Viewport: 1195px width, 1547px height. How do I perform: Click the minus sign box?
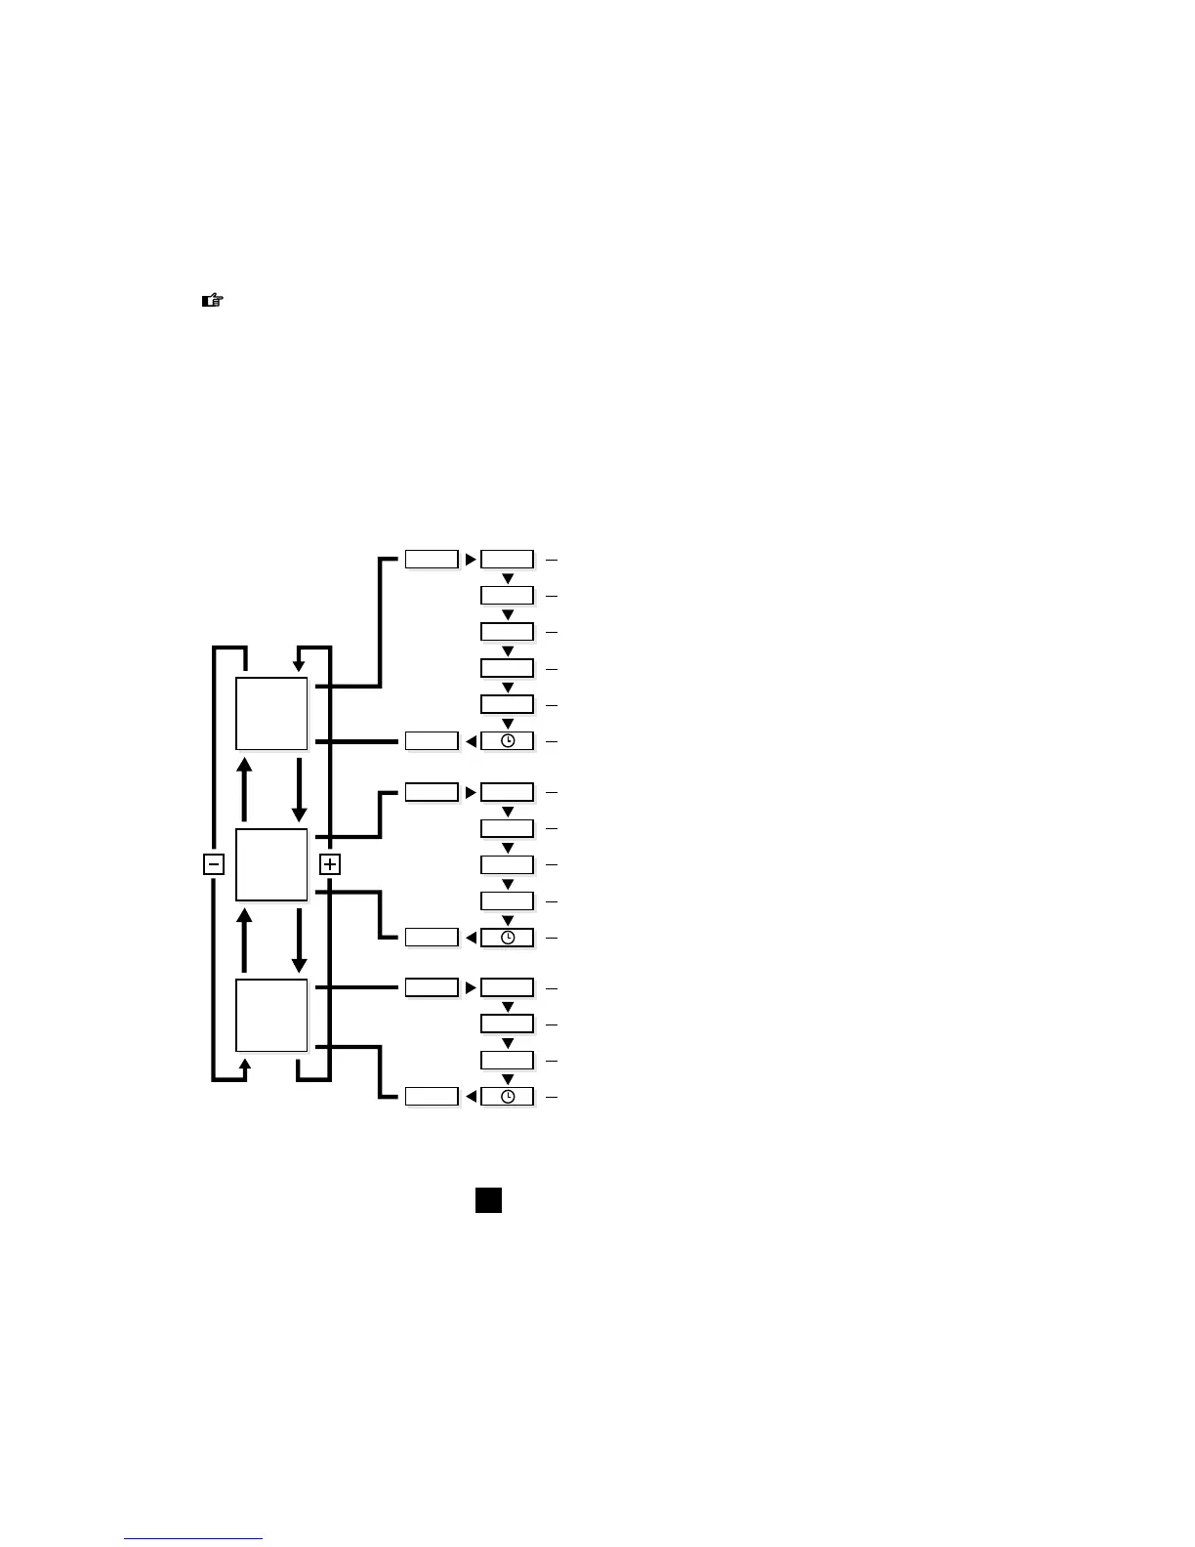pyautogui.click(x=214, y=864)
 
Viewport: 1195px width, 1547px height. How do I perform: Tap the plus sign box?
pyautogui.click(x=330, y=864)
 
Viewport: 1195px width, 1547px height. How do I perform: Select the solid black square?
pyautogui.click(x=488, y=1200)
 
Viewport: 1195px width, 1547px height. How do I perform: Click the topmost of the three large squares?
pyautogui.click(x=271, y=713)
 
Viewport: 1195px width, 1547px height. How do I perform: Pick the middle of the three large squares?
pyautogui.click(x=271, y=864)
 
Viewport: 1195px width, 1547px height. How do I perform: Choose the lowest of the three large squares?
pyautogui.click(x=271, y=1016)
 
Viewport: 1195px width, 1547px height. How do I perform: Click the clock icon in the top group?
pyautogui.click(x=508, y=741)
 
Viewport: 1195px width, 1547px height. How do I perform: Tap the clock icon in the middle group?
pyautogui.click(x=508, y=938)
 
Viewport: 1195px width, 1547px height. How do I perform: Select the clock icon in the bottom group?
pyautogui.click(x=508, y=1097)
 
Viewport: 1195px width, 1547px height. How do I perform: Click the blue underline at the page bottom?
pyautogui.click(x=193, y=1539)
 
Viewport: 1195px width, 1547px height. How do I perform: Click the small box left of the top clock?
pyautogui.click(x=432, y=741)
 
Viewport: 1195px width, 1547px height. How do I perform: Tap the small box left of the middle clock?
pyautogui.click(x=432, y=938)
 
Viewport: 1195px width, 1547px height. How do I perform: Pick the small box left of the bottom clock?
pyautogui.click(x=432, y=1097)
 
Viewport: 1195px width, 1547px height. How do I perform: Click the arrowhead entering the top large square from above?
pyautogui.click(x=299, y=666)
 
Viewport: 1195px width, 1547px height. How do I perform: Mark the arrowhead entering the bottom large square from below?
pyautogui.click(x=245, y=1064)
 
